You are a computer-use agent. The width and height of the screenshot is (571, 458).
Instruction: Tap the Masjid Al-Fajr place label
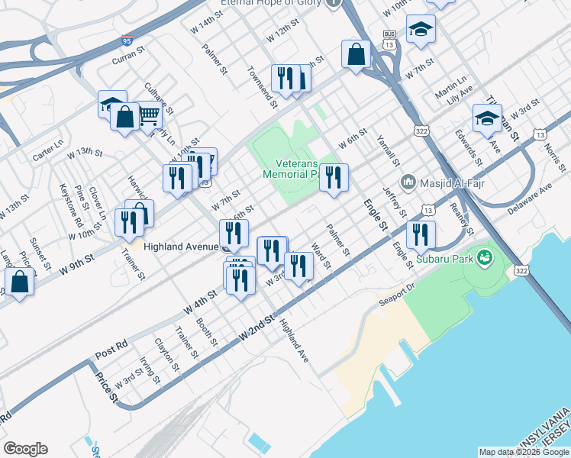(x=448, y=183)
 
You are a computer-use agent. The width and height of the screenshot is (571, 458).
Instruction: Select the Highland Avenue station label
(x=174, y=247)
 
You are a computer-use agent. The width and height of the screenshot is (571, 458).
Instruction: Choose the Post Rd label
(x=111, y=350)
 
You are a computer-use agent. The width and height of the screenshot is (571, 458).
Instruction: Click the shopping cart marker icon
(x=149, y=115)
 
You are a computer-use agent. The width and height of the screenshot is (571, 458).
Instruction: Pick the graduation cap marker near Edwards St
(x=487, y=118)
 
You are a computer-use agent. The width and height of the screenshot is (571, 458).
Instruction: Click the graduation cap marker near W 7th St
(x=421, y=29)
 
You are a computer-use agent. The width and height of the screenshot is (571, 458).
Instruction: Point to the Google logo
(x=25, y=449)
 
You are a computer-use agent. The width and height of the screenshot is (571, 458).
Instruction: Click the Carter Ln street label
(x=47, y=150)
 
